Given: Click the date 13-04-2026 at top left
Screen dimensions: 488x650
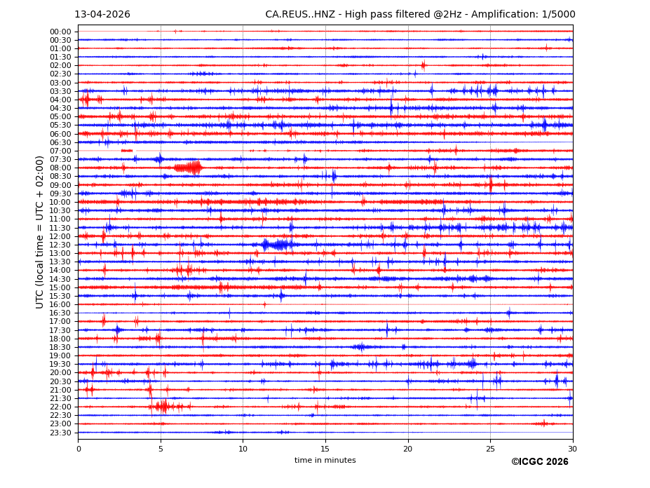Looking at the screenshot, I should point(102,15).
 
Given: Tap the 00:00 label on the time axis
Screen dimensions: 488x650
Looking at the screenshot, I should point(60,32).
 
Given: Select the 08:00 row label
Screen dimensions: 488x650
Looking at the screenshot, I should point(60,168).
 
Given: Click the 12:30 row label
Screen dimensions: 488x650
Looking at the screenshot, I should point(60,245).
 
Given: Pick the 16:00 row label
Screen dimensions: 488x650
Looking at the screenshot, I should point(60,304).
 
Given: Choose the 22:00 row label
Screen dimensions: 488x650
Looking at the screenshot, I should point(60,407).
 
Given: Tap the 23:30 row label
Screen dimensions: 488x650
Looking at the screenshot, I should point(60,433).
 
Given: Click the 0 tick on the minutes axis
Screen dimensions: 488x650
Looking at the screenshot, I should point(79,449).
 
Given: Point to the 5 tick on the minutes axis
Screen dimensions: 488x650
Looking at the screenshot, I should point(161,449).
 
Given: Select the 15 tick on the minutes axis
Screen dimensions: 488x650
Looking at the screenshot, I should point(325,449).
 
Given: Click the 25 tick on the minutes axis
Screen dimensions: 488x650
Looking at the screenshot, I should point(490,449).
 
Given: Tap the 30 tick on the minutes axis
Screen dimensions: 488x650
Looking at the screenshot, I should point(572,449).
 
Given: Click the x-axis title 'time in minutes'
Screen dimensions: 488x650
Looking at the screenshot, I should point(325,461).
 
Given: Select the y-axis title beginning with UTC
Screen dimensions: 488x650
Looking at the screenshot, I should point(41,231).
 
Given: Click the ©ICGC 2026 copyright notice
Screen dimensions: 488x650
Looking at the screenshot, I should point(539,462).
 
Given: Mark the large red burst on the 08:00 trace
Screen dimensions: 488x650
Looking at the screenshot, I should point(188,168).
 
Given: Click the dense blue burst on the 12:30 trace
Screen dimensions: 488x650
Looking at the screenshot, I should point(278,245).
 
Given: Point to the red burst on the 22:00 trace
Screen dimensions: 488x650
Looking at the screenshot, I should point(163,407).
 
